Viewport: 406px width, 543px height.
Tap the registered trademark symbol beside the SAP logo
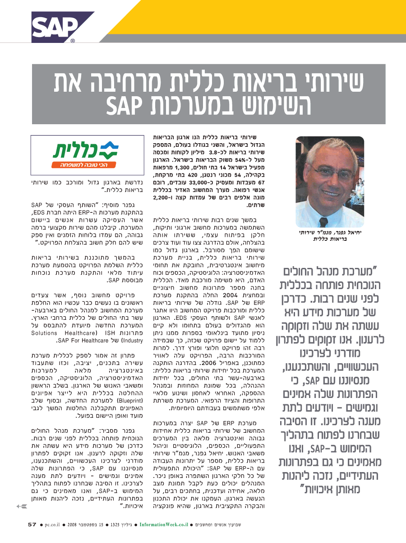(73, 42)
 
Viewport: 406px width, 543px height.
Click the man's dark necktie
(323, 217)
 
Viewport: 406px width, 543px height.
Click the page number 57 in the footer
(32, 524)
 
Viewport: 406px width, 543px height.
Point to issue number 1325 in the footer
(115, 524)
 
